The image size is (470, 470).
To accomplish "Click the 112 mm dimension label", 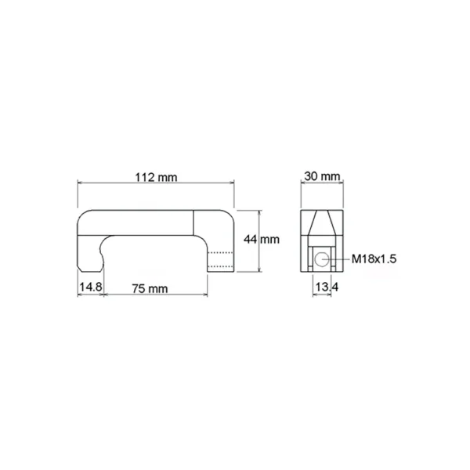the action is [156, 178].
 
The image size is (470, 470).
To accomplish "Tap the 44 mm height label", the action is [262, 240].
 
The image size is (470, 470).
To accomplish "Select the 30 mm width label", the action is [322, 176].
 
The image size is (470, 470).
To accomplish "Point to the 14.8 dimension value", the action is [91, 287].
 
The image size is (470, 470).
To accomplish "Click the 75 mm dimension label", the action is [150, 288].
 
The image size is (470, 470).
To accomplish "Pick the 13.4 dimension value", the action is [327, 287].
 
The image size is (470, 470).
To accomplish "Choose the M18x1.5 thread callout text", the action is [374, 259].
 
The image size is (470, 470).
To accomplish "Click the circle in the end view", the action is [321, 259].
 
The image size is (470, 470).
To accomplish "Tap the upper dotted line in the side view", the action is [220, 253].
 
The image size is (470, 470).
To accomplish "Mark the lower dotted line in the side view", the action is [220, 266].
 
